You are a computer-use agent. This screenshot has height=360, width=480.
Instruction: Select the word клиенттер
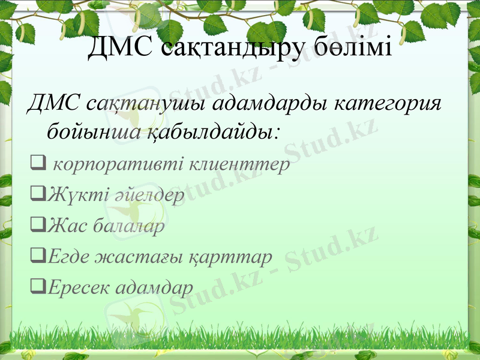[240, 163]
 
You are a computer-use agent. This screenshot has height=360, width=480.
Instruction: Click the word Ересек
[76, 289]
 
